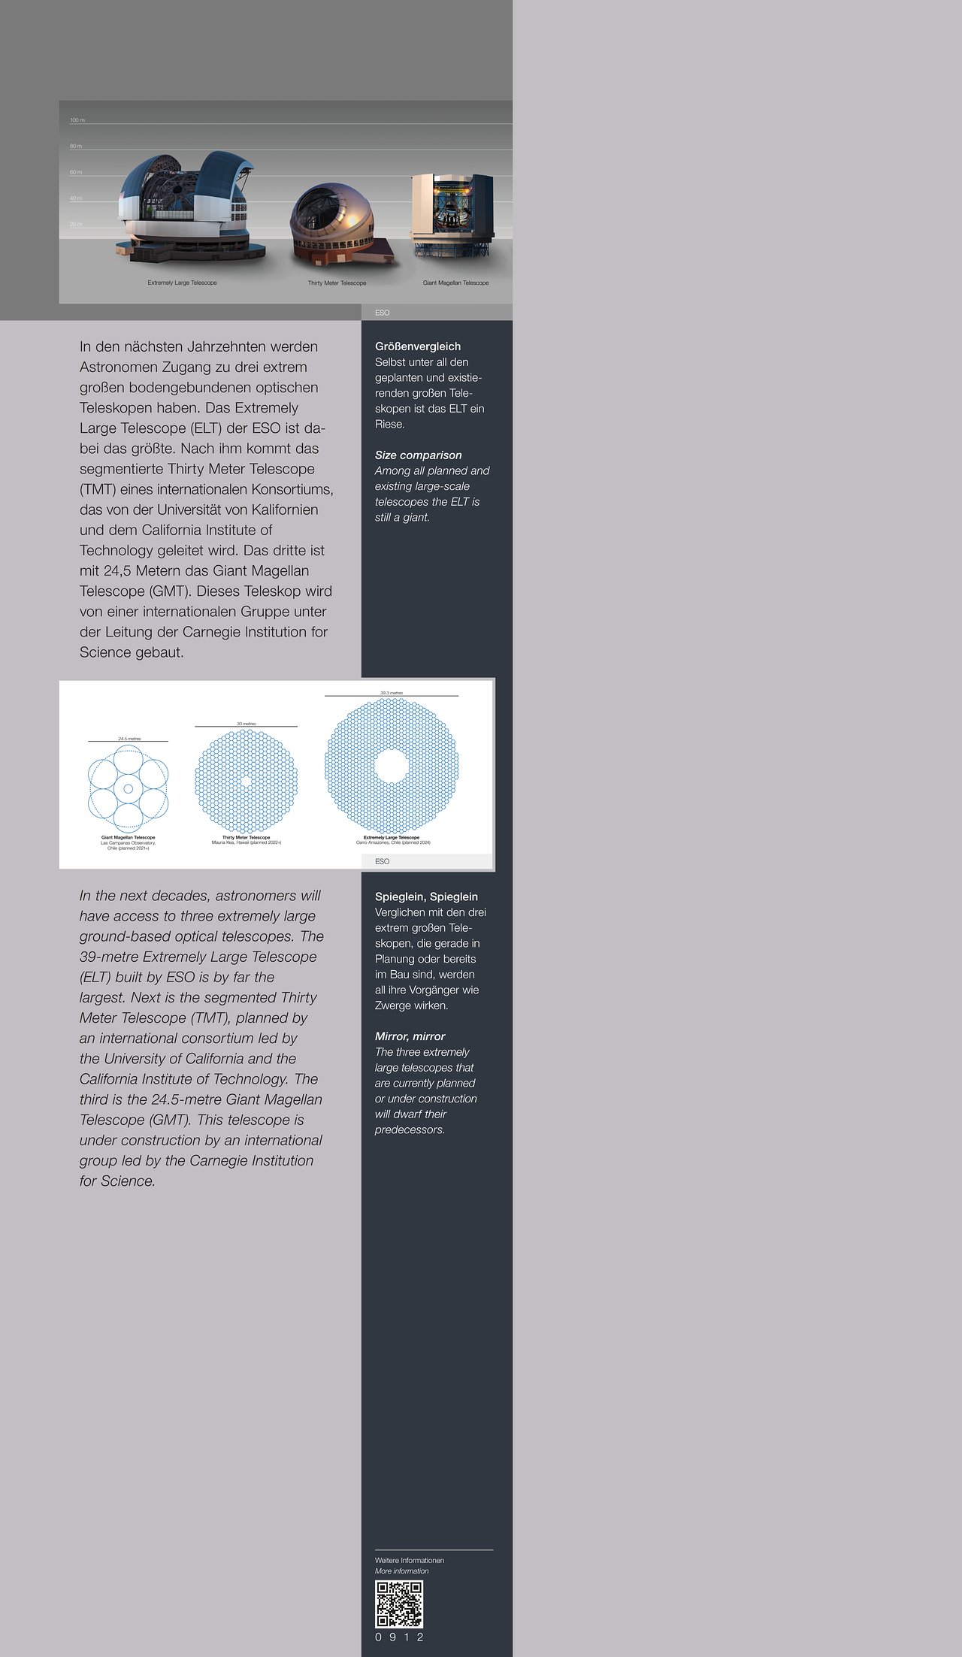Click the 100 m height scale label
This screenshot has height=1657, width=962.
coord(77,120)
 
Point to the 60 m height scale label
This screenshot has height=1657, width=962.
coord(76,172)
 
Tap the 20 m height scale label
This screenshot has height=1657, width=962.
coord(76,224)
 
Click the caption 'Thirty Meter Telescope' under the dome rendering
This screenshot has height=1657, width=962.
coord(337,283)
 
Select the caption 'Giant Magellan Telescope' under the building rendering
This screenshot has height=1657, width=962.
coord(455,283)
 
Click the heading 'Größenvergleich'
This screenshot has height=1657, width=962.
coord(418,346)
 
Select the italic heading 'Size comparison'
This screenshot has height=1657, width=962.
coord(418,455)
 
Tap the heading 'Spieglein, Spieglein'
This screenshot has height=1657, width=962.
coord(426,897)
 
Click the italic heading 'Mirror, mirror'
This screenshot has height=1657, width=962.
coord(410,1036)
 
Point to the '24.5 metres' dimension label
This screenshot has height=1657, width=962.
coord(129,739)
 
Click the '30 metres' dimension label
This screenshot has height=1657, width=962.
coord(247,724)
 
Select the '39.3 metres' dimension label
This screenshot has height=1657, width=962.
coord(392,693)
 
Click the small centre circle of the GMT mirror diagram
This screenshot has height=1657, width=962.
coord(128,788)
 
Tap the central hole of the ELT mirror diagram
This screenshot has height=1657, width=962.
coord(392,766)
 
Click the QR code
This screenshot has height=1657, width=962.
coord(399,1604)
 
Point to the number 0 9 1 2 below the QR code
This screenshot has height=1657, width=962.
coord(399,1637)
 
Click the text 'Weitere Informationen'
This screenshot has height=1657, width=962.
coord(410,1560)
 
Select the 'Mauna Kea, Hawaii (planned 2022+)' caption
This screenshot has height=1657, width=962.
coord(247,842)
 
